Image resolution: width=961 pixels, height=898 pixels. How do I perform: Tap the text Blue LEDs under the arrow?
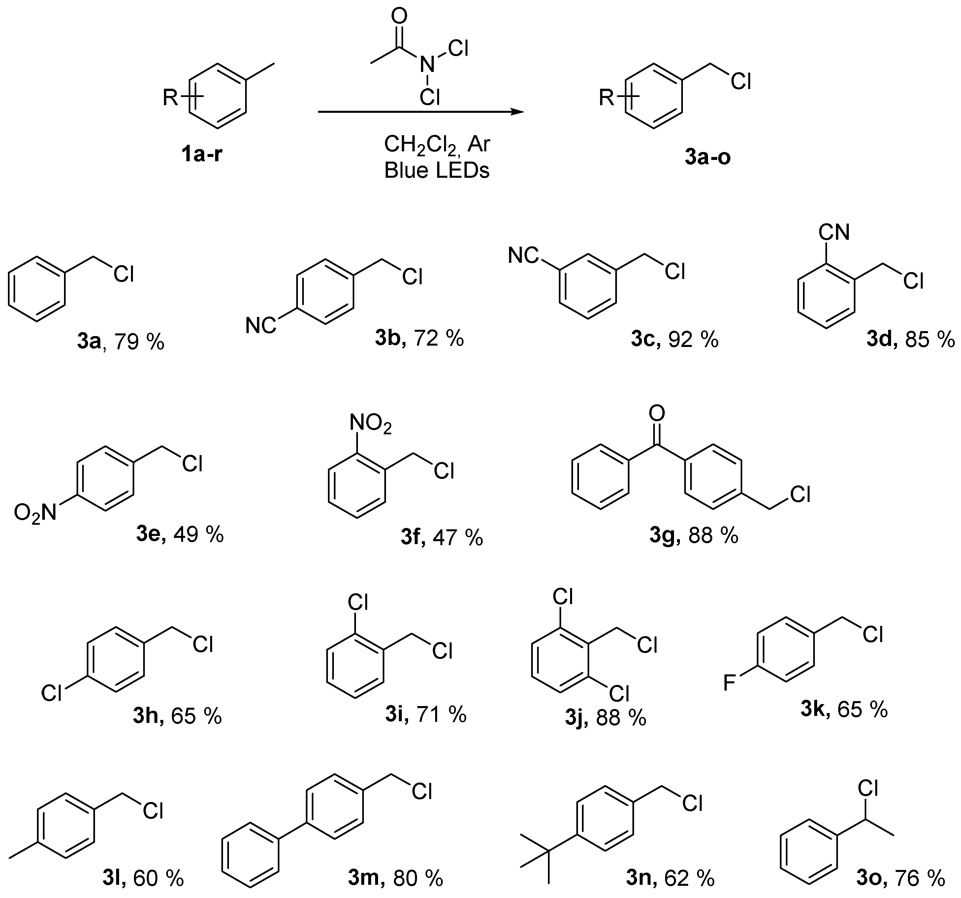pos(436,170)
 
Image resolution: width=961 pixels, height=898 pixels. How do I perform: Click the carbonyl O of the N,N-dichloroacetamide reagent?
pos(399,16)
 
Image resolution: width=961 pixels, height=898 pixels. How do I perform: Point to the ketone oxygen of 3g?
pos(657,413)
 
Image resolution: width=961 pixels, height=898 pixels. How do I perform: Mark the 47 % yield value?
pos(457,538)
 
